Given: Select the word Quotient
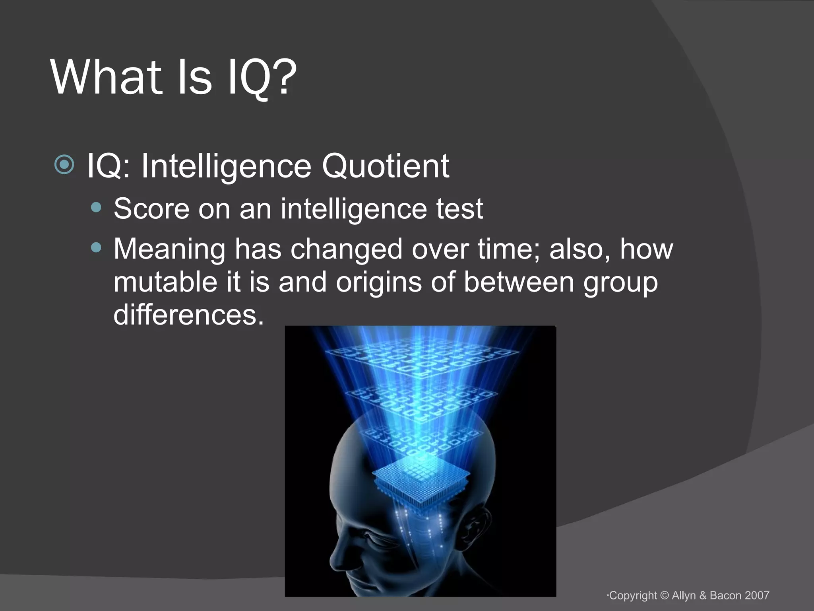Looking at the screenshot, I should tap(386, 166).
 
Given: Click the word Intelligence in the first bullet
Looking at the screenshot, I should tap(227, 166).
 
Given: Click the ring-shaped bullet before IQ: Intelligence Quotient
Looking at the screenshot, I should tap(64, 164).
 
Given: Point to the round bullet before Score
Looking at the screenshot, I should tap(96, 207).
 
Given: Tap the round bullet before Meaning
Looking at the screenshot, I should tap(96, 248).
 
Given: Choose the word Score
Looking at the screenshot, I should tap(151, 208).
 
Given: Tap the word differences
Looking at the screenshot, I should tap(189, 315).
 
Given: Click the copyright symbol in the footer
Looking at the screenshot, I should tap(665, 595).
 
